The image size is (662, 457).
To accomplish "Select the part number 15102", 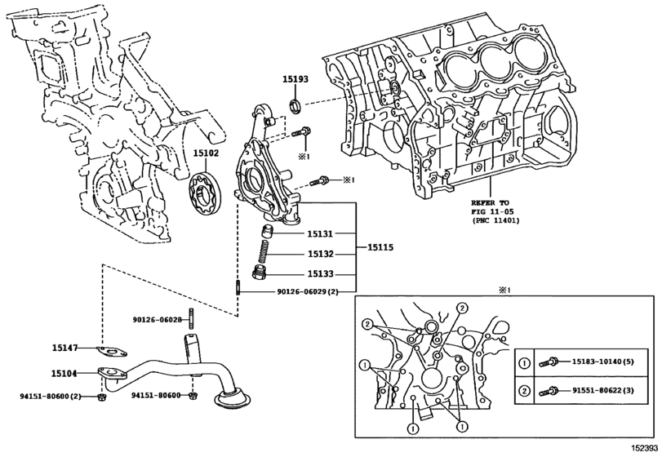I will pos(206,153).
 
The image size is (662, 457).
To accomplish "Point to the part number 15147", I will pos(64,348).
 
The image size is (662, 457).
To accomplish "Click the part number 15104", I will pos(64,373).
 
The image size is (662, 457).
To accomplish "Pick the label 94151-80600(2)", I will pos(51,396).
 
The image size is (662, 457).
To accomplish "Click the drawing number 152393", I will pos(642,448).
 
